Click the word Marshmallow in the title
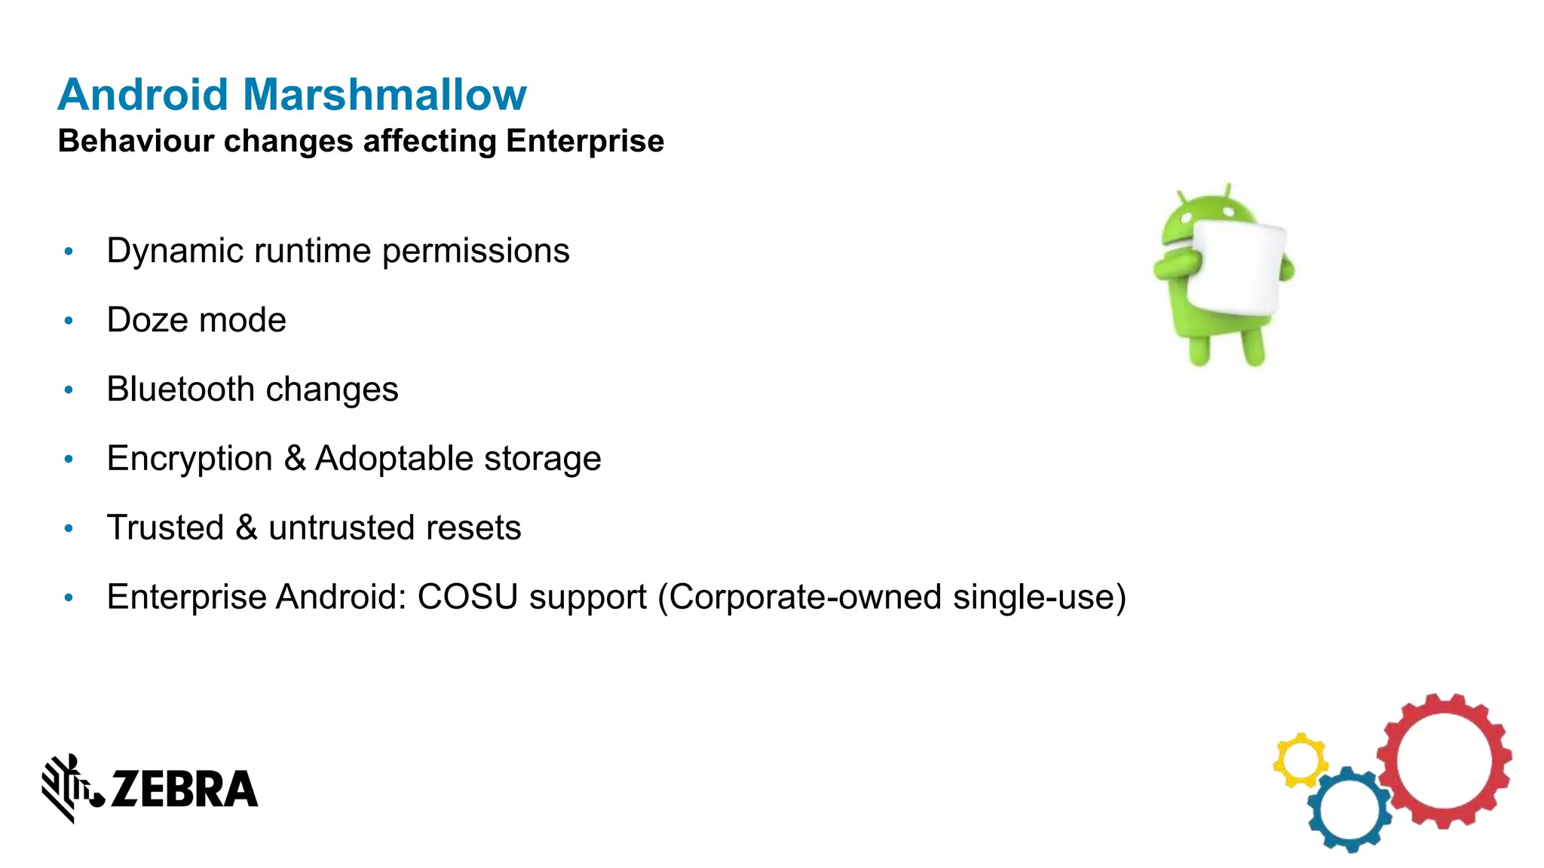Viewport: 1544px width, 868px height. [384, 95]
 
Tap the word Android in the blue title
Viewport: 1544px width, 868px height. [143, 95]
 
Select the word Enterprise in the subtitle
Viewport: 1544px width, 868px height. [585, 141]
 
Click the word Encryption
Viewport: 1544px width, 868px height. [190, 459]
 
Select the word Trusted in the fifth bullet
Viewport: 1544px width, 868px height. [166, 527]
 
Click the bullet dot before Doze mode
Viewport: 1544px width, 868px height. [69, 321]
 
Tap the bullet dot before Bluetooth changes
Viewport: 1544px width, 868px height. [69, 390]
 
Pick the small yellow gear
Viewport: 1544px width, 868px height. [1300, 759]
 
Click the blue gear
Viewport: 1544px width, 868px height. [1349, 811]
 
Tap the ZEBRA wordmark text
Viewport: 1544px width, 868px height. [184, 790]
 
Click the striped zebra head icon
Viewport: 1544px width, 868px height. [69, 787]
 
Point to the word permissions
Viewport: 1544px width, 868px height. [476, 251]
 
